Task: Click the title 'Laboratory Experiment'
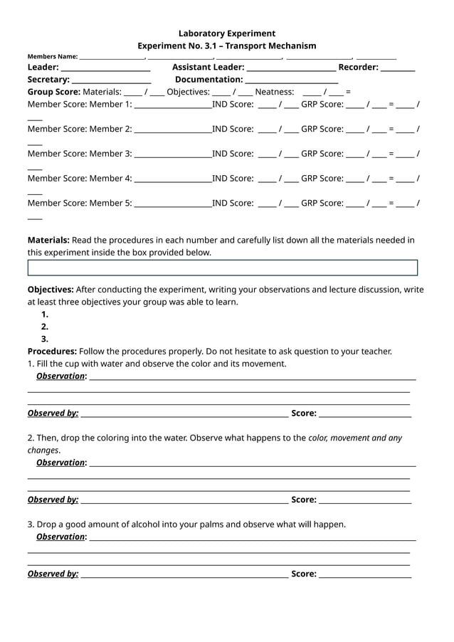tap(226, 33)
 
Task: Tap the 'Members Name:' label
tap(53, 56)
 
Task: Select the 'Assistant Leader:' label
tap(208, 67)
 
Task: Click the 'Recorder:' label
tap(358, 67)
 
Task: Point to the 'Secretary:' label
tap(48, 80)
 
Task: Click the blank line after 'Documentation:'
tap(291, 81)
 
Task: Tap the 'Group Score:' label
tap(53, 92)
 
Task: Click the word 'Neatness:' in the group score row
tap(274, 92)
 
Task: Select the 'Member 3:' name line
tap(172, 154)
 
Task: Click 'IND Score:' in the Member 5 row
tap(233, 203)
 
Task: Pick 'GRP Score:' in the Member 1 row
tap(322, 105)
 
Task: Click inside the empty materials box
tap(222, 268)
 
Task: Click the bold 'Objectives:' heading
tap(51, 290)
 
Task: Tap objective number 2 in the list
tap(45, 327)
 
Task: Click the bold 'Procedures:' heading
tap(52, 351)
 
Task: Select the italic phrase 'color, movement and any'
tap(355, 438)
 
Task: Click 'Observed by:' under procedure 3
tap(53, 574)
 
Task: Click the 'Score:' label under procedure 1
tap(304, 413)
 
